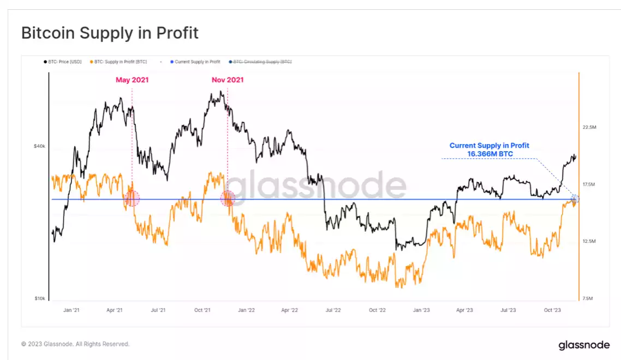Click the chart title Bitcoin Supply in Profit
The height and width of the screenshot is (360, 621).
pyautogui.click(x=110, y=33)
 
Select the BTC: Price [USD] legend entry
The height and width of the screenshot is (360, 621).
pyautogui.click(x=63, y=62)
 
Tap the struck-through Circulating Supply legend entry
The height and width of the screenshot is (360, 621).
pyautogui.click(x=261, y=62)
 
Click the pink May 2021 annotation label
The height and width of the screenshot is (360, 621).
pyautogui.click(x=132, y=80)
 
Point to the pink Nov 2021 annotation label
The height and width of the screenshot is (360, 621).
pyautogui.click(x=228, y=80)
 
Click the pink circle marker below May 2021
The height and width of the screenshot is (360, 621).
pyautogui.click(x=132, y=199)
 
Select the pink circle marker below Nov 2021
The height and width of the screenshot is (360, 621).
pyautogui.click(x=228, y=198)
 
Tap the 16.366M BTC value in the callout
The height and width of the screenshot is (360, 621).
pyautogui.click(x=489, y=154)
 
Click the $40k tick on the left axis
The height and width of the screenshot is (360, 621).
pyautogui.click(x=39, y=146)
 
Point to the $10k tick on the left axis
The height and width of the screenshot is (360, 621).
pyautogui.click(x=39, y=298)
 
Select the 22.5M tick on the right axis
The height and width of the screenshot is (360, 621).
pyautogui.click(x=589, y=127)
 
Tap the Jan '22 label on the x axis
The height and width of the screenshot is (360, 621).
pyautogui.click(x=246, y=310)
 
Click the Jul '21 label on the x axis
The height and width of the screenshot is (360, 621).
pyautogui.click(x=158, y=310)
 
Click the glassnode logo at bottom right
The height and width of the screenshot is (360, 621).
pyautogui.click(x=583, y=345)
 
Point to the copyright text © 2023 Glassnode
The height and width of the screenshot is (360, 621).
pyautogui.click(x=75, y=344)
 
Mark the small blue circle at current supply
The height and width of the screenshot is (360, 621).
pyautogui.click(x=575, y=198)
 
